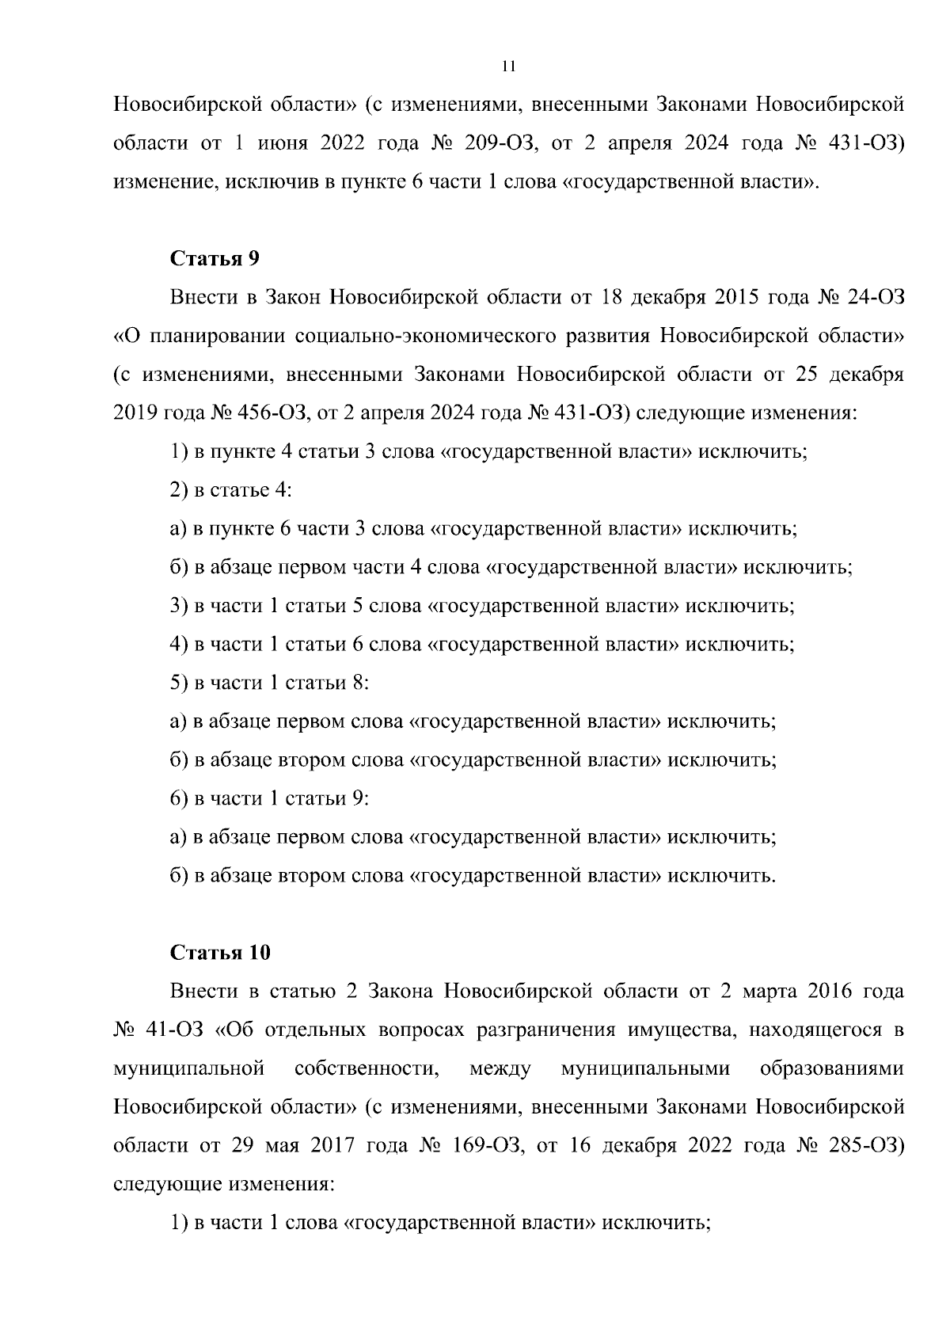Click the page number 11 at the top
509,67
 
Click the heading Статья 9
215,259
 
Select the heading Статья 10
220,953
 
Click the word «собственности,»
367,1069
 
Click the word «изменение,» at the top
166,182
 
